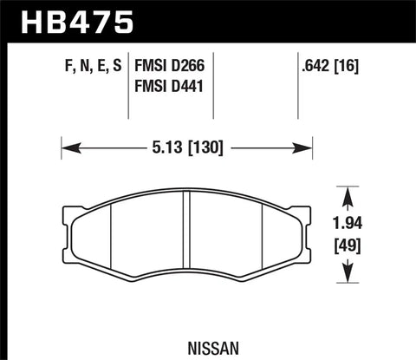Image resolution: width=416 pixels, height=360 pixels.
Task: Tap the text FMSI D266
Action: (172, 63)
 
